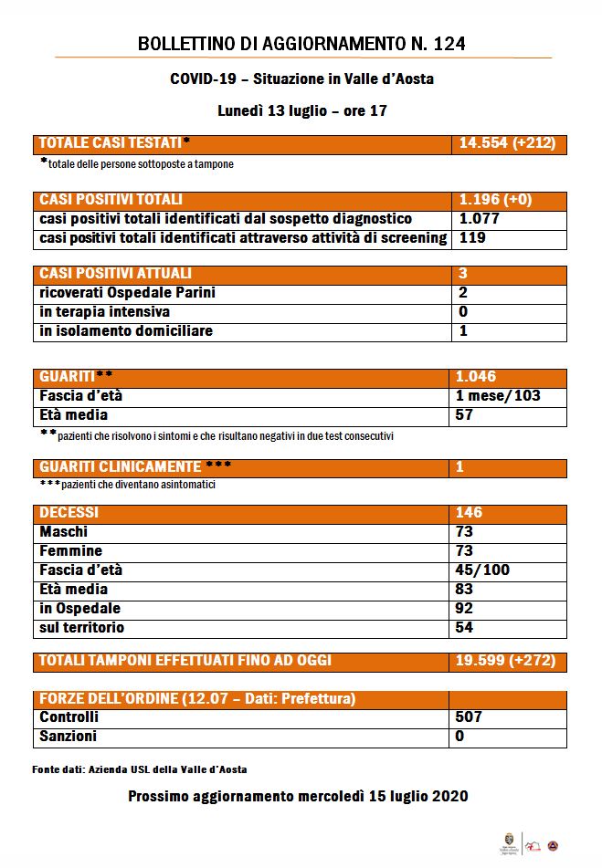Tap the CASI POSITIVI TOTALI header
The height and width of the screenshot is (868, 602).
tap(111, 200)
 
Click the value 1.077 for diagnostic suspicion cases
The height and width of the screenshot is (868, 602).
tap(479, 219)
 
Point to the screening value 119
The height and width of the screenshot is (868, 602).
tap(470, 238)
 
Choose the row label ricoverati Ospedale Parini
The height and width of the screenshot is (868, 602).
tap(127, 293)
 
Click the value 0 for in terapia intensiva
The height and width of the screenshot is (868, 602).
tap(463, 312)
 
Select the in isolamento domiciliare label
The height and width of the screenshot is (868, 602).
tap(126, 331)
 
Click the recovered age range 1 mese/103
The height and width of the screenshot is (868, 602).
tap(498, 396)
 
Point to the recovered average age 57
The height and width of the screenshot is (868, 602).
tap(466, 415)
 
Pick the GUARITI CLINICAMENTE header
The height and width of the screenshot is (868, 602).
tap(134, 466)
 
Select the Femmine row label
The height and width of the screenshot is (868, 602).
tap(71, 551)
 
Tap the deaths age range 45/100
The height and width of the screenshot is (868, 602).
tap(483, 570)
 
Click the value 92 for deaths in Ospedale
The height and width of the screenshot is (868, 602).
tap(466, 609)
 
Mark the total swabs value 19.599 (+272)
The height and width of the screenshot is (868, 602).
tap(505, 660)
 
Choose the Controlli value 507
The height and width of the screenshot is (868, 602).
tap(470, 717)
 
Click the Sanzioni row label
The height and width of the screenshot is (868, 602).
tap(69, 737)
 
